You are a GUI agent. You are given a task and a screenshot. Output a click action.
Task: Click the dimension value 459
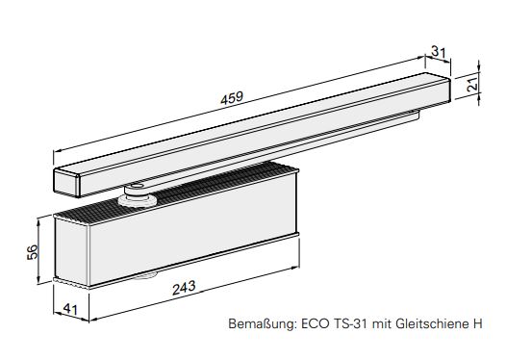[x=232, y=98]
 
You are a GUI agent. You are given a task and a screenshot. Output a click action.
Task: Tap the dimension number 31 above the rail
[x=439, y=52]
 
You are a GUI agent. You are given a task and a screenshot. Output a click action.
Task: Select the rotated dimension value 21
[x=473, y=83]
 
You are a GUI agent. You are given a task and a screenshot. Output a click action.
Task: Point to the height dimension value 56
[x=33, y=252]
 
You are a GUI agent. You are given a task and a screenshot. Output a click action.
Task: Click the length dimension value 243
[x=184, y=288]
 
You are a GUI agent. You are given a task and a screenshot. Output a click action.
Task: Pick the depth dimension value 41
[x=70, y=308]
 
